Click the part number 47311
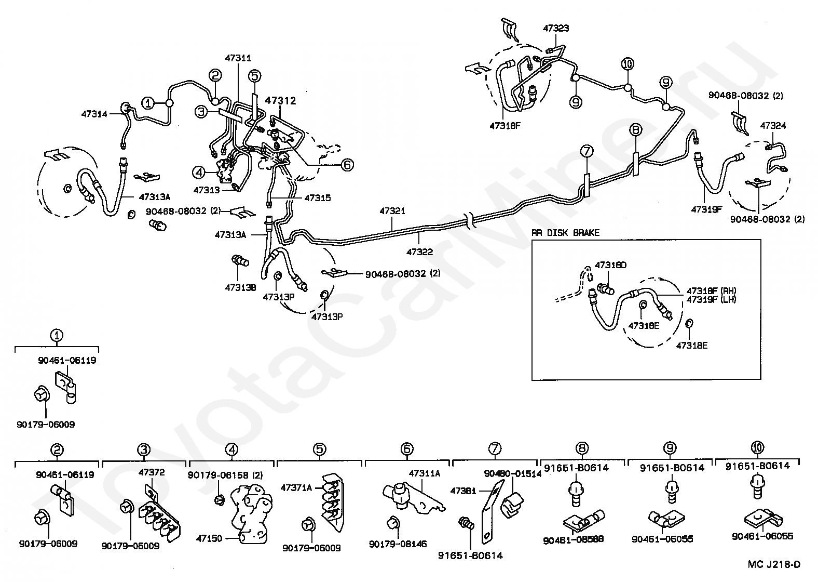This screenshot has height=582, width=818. (x=238, y=58)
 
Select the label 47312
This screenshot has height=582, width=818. (x=280, y=101)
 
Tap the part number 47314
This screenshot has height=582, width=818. (x=94, y=113)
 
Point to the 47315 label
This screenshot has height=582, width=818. (x=317, y=198)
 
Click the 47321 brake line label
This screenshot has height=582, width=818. (x=392, y=211)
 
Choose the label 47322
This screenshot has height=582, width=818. (x=419, y=252)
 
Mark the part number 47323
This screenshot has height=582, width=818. (x=556, y=28)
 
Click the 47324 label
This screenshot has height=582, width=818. (x=773, y=125)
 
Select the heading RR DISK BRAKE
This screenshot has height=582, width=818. (x=565, y=233)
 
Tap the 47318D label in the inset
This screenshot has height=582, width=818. (x=610, y=265)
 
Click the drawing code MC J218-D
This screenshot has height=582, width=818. (x=774, y=564)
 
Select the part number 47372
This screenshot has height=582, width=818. (x=152, y=472)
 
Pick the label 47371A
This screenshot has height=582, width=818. (x=296, y=487)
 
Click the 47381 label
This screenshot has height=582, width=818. (x=463, y=491)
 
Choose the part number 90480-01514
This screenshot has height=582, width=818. (x=512, y=473)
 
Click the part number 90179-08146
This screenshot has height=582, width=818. (x=398, y=544)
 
